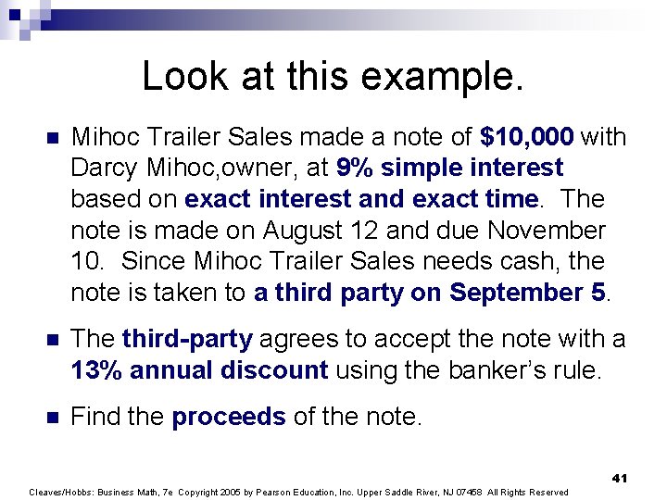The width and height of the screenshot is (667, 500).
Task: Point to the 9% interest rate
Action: tap(355, 169)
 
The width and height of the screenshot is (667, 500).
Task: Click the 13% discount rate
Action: tap(96, 371)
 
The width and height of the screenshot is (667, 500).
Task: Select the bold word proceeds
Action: tap(229, 418)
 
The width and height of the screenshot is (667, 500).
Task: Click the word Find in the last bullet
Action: tap(93, 418)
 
